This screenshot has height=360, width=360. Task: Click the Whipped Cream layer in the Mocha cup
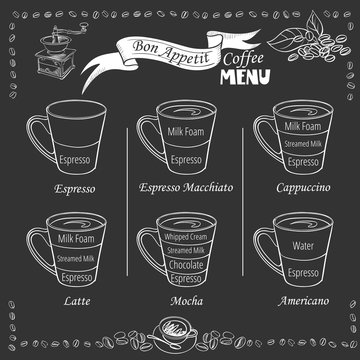182,237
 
